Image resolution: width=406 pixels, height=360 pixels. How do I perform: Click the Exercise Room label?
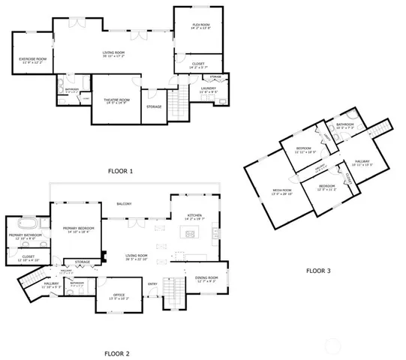point(33,60)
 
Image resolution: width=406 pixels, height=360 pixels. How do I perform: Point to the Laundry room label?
point(209,90)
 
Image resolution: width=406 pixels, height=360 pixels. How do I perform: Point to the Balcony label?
point(124,204)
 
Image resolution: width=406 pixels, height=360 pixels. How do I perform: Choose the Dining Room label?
point(206,279)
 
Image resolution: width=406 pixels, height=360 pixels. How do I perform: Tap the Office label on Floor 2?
point(119,296)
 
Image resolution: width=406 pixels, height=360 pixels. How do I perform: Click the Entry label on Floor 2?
point(152,283)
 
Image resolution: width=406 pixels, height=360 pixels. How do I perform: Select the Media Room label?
point(281,191)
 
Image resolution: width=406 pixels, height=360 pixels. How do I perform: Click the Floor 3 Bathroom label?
point(345,125)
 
